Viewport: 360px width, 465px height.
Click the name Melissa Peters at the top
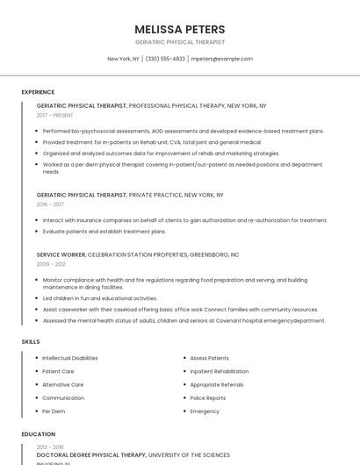pos(180,29)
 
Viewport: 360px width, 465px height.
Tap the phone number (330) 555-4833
pos(165,59)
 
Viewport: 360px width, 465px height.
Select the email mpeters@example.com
pos(221,59)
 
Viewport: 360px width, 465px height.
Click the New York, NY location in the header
pos(123,59)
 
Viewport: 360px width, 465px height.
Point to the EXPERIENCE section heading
pos(38,92)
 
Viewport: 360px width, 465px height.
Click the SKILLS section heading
pos(31,341)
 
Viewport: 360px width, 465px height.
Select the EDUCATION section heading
pos(38,433)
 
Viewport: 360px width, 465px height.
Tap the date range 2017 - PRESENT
pos(56,115)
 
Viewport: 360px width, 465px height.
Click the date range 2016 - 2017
pos(50,204)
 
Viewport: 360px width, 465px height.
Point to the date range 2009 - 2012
pos(51,264)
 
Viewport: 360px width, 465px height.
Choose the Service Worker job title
pos(61,254)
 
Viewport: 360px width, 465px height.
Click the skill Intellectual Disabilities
pos(70,358)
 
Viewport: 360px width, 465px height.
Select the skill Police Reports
pos(207,397)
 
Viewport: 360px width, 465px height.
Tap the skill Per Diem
pos(54,411)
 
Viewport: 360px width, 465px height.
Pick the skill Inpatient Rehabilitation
pos(220,371)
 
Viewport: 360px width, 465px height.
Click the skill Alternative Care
pos(63,384)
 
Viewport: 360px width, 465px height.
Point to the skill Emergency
pos(205,411)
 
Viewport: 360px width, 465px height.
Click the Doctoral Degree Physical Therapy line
pos(91,455)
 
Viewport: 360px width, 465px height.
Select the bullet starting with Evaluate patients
pos(104,232)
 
